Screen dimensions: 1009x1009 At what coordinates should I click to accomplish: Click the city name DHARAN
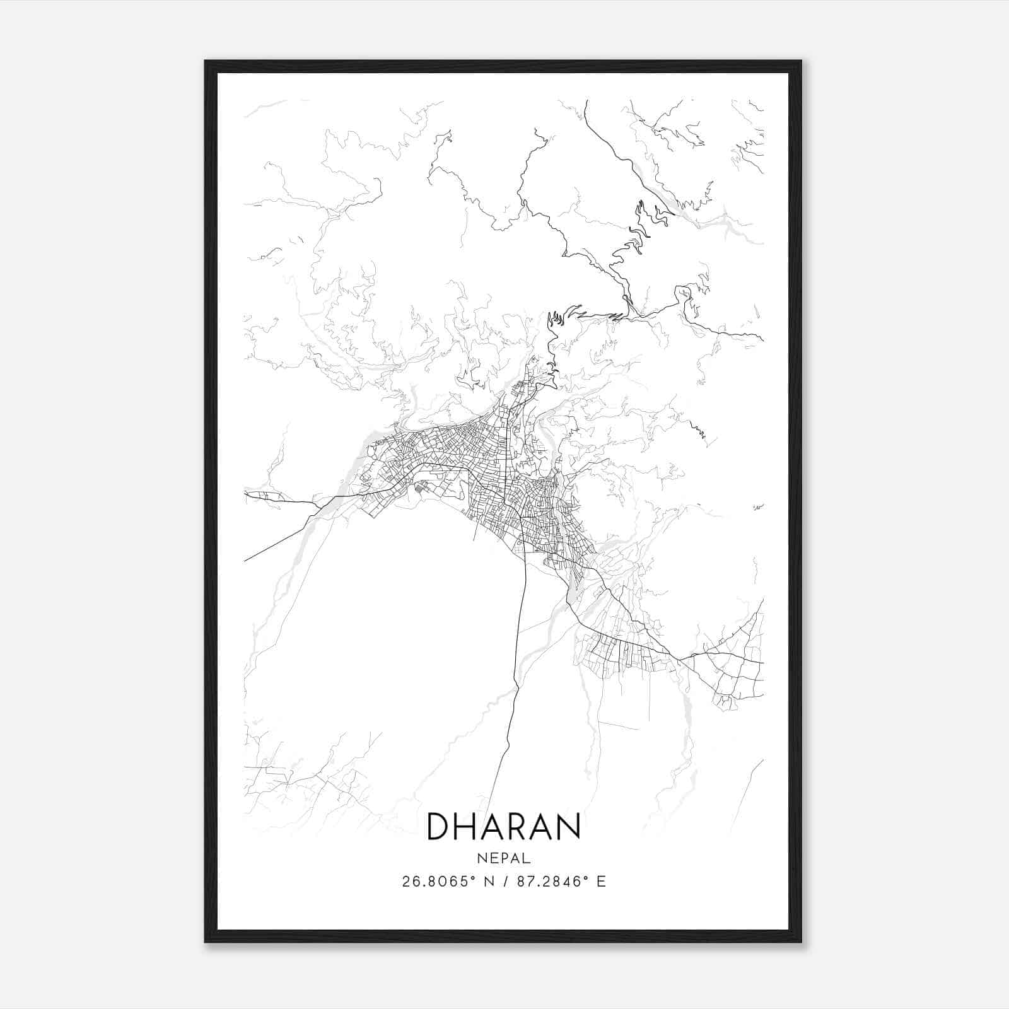click(x=504, y=827)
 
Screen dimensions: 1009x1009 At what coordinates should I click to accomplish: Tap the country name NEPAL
click(x=504, y=858)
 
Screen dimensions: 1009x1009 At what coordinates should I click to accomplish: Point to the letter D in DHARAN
click(x=439, y=827)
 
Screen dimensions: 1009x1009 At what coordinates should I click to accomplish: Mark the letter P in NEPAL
click(x=504, y=858)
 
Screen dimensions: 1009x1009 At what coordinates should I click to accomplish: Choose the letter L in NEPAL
click(x=527, y=858)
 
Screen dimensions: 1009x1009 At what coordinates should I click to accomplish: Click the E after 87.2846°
click(x=601, y=882)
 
